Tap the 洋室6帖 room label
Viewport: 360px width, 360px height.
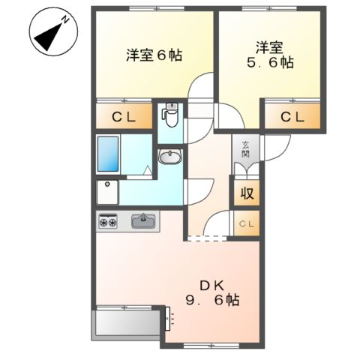click(154, 55)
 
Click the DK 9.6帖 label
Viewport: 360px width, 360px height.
click(212, 292)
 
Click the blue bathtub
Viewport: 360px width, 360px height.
click(109, 154)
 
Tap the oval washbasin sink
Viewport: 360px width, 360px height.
click(170, 157)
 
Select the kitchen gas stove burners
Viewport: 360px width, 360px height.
click(108, 221)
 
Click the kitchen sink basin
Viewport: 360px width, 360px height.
click(142, 220)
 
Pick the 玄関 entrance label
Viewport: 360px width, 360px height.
click(245, 150)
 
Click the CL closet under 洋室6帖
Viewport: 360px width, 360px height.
click(124, 117)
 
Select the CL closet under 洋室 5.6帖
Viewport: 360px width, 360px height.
click(292, 117)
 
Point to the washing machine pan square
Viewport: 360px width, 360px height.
click(109, 190)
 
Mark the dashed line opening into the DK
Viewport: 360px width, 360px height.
click(205, 239)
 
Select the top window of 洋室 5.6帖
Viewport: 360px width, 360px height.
click(266, 7)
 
